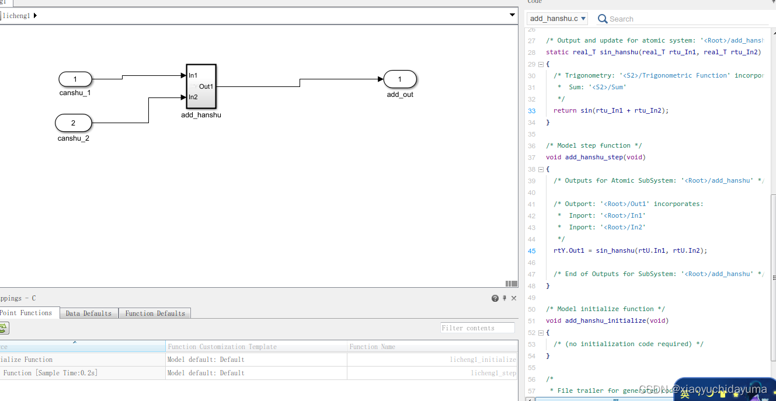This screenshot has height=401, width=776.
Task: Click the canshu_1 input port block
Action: click(75, 79)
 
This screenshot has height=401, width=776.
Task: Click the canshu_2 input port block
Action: click(74, 123)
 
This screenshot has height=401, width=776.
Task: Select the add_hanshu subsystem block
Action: click(201, 86)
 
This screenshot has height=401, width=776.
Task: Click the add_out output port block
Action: click(400, 79)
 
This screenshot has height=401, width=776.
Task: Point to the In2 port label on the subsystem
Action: click(193, 97)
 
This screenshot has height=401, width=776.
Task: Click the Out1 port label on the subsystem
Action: click(206, 86)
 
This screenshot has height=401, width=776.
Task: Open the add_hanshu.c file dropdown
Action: click(557, 19)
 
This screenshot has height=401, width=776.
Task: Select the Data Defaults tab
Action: click(89, 313)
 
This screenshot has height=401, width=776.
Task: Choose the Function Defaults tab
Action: click(155, 313)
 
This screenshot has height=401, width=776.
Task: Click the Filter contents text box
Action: click(477, 328)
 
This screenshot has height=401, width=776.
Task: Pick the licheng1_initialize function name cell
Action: click(483, 360)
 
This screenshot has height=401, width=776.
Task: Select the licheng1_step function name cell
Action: click(493, 373)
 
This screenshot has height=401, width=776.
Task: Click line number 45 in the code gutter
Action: click(531, 250)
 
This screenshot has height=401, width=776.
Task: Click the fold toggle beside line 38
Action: click(541, 169)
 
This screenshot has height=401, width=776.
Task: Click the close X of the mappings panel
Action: click(514, 298)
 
